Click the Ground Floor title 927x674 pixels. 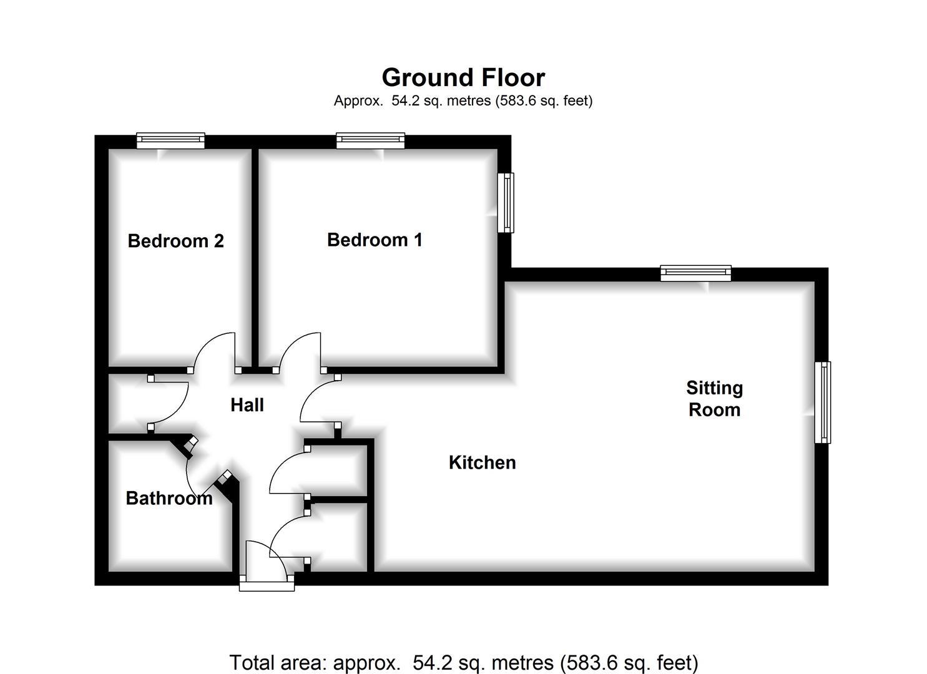click(x=463, y=78)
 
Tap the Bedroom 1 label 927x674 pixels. click(x=375, y=240)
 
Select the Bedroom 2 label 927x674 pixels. click(x=175, y=241)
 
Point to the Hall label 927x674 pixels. click(x=247, y=405)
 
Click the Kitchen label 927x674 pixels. click(x=482, y=462)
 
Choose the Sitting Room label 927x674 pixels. click(x=714, y=399)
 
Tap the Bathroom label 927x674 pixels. click(x=169, y=498)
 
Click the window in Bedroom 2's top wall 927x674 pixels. click(x=170, y=140)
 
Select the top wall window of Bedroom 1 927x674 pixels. click(x=370, y=140)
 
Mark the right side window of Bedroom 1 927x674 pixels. click(x=506, y=203)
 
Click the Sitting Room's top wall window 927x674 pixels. click(x=695, y=273)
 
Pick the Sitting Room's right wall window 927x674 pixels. click(x=823, y=403)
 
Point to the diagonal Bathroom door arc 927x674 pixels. click(x=197, y=477)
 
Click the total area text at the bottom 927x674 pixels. click(x=463, y=662)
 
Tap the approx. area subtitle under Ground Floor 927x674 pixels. click(x=463, y=100)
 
